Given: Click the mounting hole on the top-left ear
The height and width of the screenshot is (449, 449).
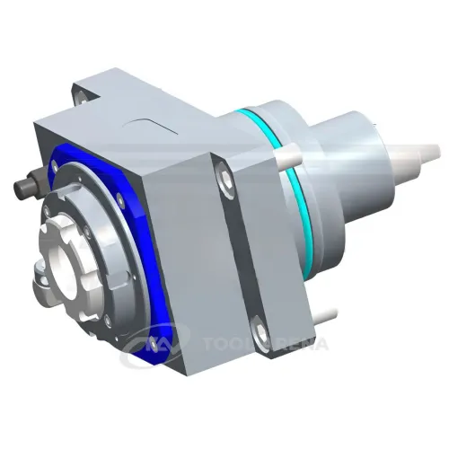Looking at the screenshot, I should tap(82, 89).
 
